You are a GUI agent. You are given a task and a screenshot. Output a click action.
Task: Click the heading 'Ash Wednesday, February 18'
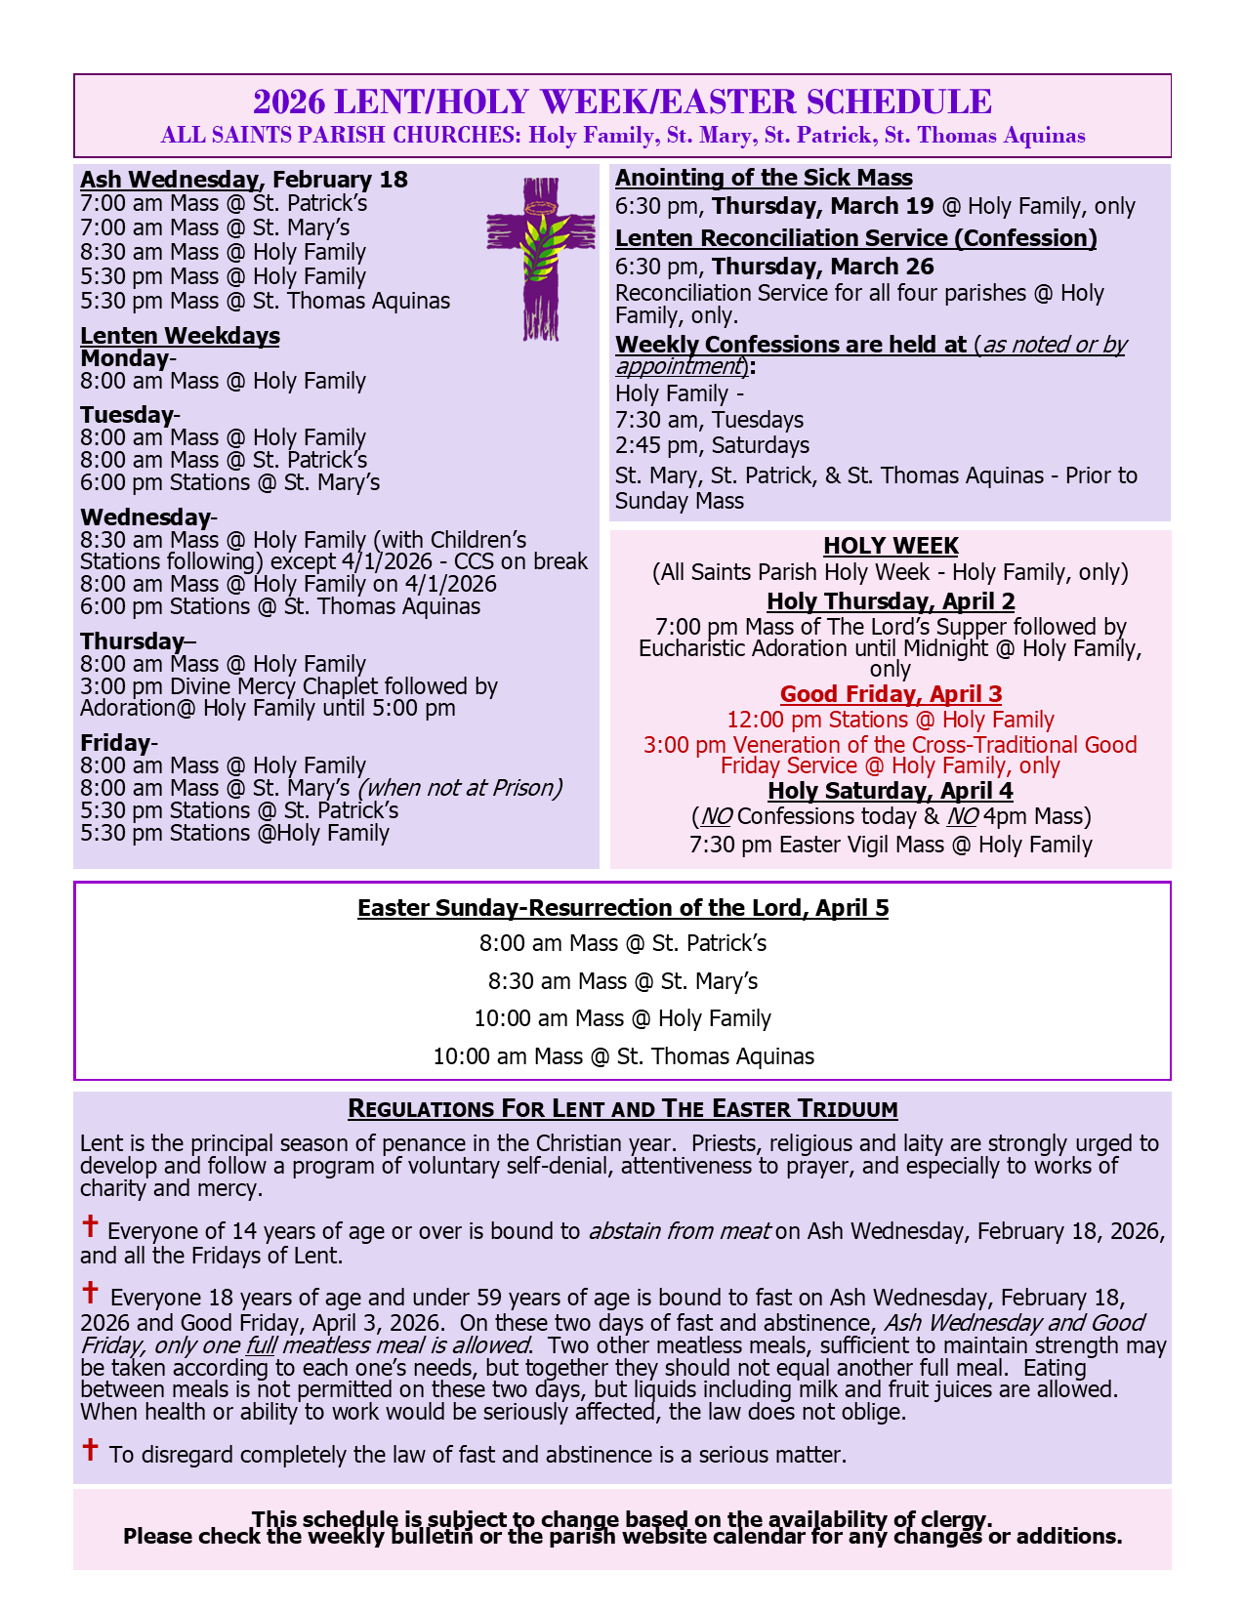pos(243,180)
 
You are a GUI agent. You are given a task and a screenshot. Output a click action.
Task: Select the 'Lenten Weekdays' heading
pos(180,336)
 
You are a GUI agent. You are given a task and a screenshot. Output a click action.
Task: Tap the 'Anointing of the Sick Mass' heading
pos(764,178)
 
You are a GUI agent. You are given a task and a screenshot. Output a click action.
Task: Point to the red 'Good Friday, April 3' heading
pos(891,694)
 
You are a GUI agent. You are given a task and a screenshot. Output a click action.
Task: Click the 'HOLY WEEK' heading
pos(891,546)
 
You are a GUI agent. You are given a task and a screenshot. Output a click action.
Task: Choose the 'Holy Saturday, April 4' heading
pos(891,791)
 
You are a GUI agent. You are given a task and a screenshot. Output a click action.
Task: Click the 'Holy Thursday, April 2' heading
pos(891,601)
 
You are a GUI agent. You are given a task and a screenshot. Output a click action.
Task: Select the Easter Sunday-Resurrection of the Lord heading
pos(623,908)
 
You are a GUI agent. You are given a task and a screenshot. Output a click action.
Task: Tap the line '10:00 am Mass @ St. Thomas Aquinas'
pos(623,1056)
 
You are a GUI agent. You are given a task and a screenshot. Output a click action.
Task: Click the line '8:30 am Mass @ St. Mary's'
pos(623,981)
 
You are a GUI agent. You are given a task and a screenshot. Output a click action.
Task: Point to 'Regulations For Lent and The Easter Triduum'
pos(623,1109)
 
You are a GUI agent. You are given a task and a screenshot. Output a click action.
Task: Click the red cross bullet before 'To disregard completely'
pos(91,1450)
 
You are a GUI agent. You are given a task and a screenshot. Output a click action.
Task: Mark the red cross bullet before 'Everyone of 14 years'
pos(91,1226)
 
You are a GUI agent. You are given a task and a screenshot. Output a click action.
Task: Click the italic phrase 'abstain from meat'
pos(679,1232)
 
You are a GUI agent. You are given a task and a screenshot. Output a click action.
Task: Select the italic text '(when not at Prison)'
pos(460,788)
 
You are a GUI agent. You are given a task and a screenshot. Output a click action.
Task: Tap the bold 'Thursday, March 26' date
pos(822,267)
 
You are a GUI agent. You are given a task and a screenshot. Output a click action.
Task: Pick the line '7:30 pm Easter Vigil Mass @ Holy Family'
pos(891,845)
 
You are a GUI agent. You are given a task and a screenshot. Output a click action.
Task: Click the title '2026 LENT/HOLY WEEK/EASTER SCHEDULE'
pos(622,103)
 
